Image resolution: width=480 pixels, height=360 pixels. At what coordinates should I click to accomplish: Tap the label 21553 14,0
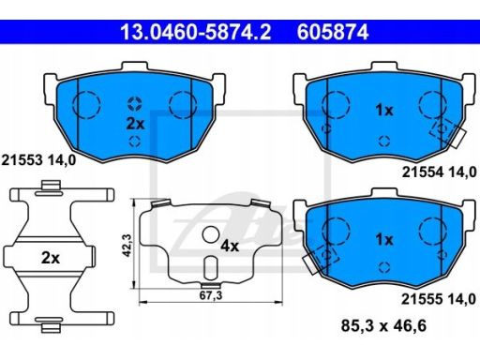pos(38,159)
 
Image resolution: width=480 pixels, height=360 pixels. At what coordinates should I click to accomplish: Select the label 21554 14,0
pos(439,172)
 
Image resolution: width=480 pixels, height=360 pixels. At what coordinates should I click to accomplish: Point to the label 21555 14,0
pos(439,296)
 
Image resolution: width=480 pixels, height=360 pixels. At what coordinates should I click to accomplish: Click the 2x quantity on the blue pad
pos(135,122)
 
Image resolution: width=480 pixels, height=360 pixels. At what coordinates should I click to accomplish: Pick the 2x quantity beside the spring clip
pos(51,257)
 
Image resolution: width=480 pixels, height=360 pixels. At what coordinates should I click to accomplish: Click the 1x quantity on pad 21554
pos(383,110)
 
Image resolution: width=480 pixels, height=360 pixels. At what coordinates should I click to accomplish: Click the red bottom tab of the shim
pos(210,284)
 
